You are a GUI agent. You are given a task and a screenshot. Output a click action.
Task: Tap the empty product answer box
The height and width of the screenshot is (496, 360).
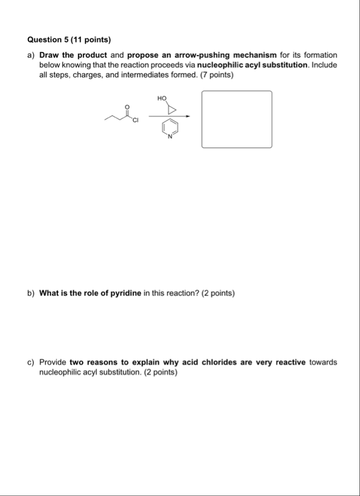tap(236, 119)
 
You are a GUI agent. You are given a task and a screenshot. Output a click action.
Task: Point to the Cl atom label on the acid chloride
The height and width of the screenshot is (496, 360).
tap(135, 121)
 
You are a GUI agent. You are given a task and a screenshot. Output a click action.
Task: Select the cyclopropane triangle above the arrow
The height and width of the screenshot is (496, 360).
tap(172, 109)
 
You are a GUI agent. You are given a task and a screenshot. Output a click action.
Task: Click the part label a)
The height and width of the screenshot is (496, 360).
tap(31, 55)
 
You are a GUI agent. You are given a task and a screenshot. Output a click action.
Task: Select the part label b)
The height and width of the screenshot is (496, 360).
tap(31, 293)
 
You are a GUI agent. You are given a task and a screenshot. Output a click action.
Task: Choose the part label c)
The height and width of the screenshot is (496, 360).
tap(31, 362)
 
